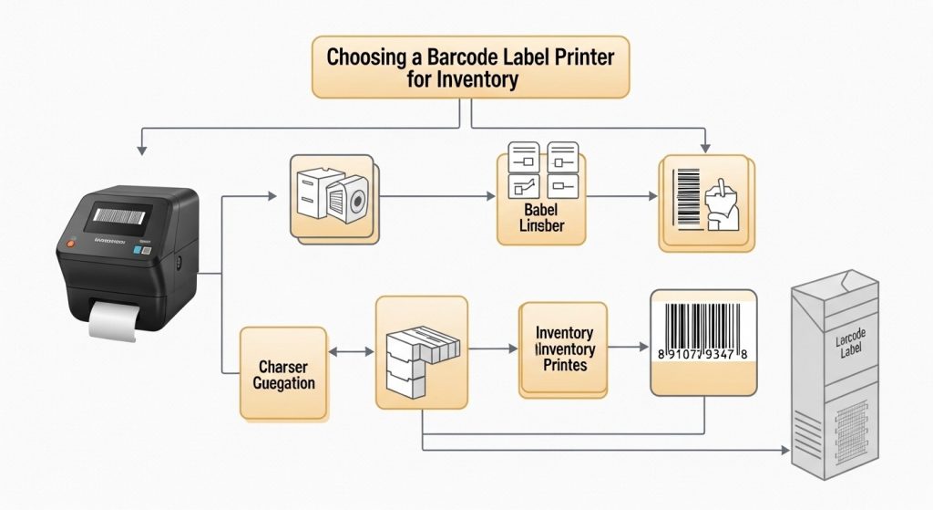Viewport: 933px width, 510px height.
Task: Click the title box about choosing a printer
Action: click(470, 68)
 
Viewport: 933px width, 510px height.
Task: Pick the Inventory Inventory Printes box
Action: click(564, 349)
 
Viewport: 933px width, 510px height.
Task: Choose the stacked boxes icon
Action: click(421, 352)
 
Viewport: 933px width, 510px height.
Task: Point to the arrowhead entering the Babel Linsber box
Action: click(492, 196)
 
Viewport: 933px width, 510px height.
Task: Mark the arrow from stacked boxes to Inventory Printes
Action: click(492, 349)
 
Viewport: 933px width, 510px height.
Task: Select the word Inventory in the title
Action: click(477, 79)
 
